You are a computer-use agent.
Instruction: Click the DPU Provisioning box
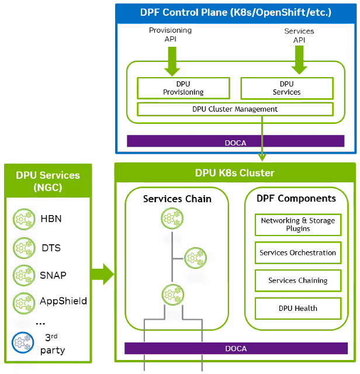(x=183, y=88)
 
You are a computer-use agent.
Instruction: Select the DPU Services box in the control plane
(x=286, y=88)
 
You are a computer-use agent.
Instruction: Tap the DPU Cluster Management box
(x=235, y=109)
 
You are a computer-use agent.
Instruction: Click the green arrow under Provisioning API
(x=172, y=60)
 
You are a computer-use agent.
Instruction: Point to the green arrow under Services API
(x=299, y=60)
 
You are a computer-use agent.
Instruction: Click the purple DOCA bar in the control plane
(x=236, y=141)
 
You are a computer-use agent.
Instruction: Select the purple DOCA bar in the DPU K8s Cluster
(x=236, y=348)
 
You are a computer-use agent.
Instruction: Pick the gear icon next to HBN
(x=23, y=220)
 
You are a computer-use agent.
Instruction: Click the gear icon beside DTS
(x=23, y=248)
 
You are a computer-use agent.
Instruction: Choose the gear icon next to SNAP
(x=23, y=275)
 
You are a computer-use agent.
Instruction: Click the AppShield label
(x=63, y=302)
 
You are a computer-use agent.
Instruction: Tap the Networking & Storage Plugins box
(x=298, y=224)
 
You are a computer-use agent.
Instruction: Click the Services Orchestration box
(x=298, y=253)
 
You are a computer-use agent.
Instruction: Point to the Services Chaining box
(x=298, y=280)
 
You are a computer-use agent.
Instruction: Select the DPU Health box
(x=298, y=308)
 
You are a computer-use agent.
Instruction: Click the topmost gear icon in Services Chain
(x=171, y=220)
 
